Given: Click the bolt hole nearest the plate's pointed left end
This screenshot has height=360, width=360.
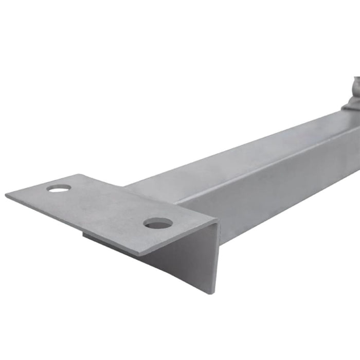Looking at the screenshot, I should (58, 188).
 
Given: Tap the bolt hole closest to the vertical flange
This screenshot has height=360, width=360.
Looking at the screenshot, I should (158, 223).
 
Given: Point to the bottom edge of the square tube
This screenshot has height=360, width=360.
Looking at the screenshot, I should (288, 216).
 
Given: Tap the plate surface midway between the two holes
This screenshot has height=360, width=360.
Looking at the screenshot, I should (108, 206).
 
